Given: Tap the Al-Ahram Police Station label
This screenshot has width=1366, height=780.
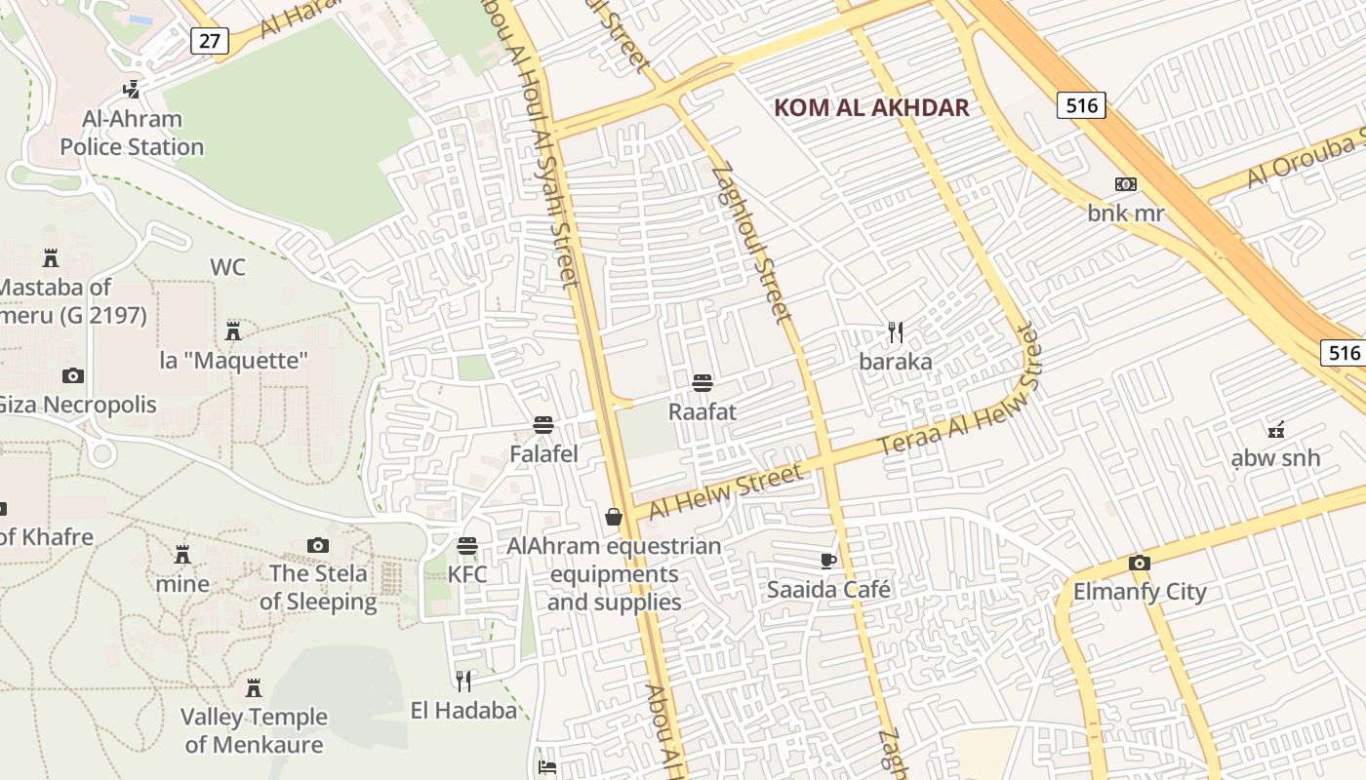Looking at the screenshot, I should pyautogui.click(x=132, y=134).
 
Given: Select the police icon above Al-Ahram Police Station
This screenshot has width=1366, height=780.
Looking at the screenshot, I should pyautogui.click(x=131, y=90).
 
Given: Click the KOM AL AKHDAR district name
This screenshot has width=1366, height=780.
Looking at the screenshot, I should pyautogui.click(x=871, y=108).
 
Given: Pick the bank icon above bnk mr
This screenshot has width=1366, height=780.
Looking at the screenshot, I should pyautogui.click(x=1126, y=184).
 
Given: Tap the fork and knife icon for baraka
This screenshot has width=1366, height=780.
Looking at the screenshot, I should pyautogui.click(x=896, y=332).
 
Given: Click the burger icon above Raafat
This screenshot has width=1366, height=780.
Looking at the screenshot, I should pyautogui.click(x=703, y=383).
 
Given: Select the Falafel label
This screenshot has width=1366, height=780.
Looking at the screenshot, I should pyautogui.click(x=543, y=453).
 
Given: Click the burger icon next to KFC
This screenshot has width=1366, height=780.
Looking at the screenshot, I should pyautogui.click(x=467, y=545).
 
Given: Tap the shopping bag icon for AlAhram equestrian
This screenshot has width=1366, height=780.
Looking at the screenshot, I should pyautogui.click(x=614, y=517).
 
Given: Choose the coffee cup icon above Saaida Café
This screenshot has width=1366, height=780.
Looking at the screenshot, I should pyautogui.click(x=828, y=561).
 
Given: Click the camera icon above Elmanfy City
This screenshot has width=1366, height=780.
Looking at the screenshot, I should pyautogui.click(x=1139, y=563).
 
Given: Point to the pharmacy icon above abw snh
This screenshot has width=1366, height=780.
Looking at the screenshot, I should pyautogui.click(x=1274, y=428).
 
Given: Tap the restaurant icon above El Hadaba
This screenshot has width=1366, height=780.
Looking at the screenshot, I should pyautogui.click(x=463, y=682).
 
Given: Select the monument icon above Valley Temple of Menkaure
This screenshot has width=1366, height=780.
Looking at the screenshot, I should pyautogui.click(x=254, y=688).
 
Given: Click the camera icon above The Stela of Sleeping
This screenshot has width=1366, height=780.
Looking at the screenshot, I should pyautogui.click(x=317, y=545).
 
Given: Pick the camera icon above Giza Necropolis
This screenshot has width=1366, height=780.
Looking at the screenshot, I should pyautogui.click(x=72, y=375).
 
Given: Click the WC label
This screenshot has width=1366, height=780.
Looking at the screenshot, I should pyautogui.click(x=227, y=267).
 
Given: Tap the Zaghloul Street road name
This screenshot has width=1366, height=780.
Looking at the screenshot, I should pyautogui.click(x=752, y=243).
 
